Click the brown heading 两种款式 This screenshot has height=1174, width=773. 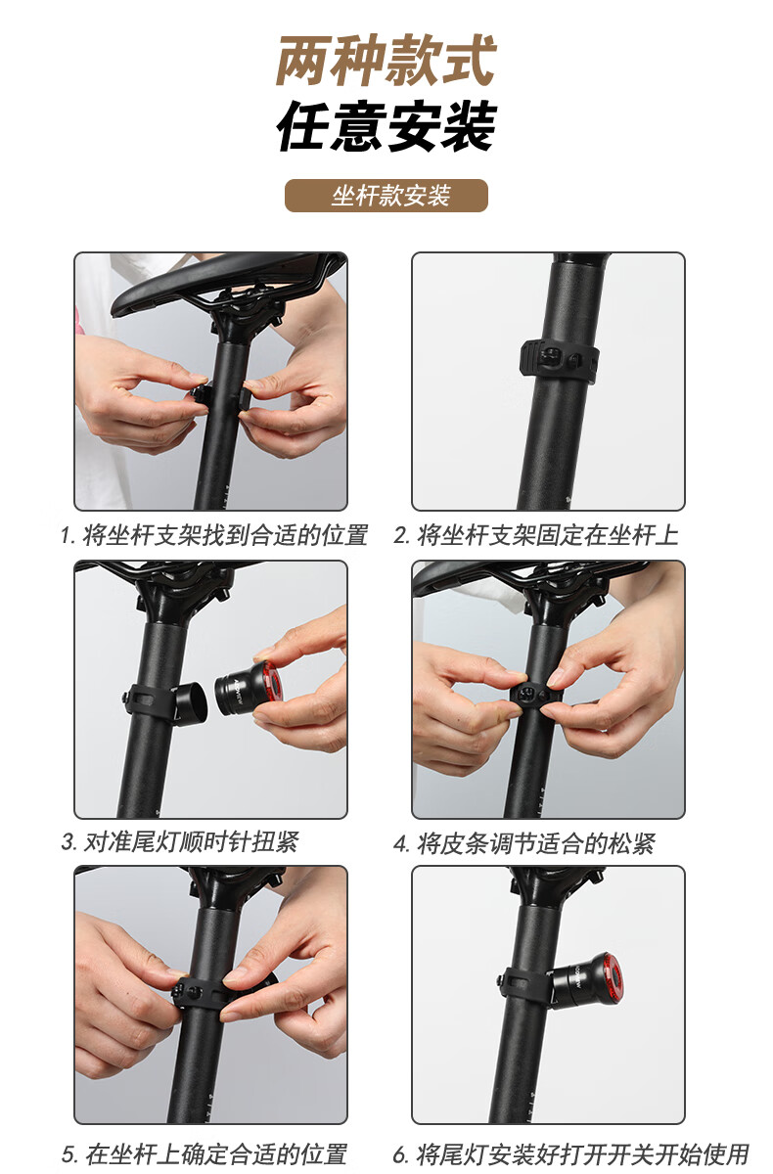386,61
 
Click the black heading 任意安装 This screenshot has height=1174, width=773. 386,126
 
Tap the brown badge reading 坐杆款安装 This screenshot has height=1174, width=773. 386,196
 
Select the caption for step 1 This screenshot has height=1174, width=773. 214,535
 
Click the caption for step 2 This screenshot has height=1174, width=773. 536,535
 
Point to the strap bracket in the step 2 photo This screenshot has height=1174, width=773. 561,360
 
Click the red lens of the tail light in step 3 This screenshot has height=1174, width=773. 273,683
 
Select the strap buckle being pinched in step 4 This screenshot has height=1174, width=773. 532,696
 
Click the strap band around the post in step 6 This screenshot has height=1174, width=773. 524,982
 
